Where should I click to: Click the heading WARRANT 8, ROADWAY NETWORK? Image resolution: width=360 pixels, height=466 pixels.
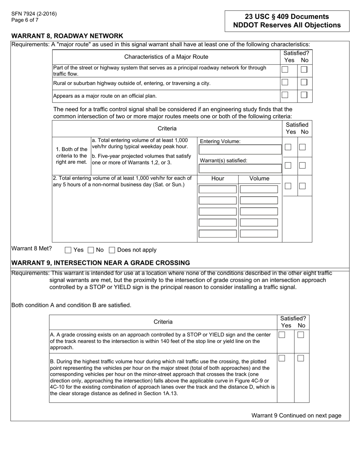coord(67,36)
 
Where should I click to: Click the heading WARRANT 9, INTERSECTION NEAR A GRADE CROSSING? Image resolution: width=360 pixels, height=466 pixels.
coord(100,263)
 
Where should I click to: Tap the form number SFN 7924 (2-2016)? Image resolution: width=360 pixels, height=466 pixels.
coord(34,14)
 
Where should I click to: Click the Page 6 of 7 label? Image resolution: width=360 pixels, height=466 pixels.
coord(25,20)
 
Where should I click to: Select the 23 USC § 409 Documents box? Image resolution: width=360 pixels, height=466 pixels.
coord(287,21)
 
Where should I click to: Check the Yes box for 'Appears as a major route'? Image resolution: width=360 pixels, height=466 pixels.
coord(285,95)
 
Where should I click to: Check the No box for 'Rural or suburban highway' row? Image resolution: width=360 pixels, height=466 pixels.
coord(304,82)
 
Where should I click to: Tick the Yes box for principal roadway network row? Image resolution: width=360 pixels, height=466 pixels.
coord(285,70)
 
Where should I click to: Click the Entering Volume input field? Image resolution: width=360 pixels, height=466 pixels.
coord(240,150)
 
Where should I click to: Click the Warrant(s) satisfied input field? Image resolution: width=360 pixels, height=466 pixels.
coord(240,169)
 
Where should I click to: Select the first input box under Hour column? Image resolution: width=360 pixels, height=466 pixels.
coord(218,189)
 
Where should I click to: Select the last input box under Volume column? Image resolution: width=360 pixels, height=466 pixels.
coord(259,233)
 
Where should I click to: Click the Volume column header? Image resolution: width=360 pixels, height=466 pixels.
coord(260,179)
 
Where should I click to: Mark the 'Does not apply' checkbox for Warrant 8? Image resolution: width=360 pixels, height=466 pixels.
coord(112,250)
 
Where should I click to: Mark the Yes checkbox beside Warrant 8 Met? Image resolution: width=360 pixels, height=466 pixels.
coord(68,250)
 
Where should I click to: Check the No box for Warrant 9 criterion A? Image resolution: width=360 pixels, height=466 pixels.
coord(301,335)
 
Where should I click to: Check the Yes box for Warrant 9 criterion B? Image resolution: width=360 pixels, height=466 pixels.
coord(282,358)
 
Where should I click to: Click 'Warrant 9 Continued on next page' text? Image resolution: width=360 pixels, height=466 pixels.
coord(296,416)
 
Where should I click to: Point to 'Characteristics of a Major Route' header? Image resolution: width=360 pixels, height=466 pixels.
coord(166,57)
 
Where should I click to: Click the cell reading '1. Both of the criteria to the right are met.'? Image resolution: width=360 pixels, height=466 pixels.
coord(72,156)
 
